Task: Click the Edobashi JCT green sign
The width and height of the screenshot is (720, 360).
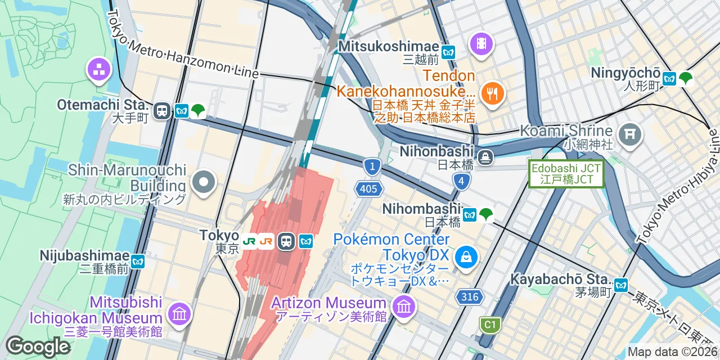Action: [566, 174]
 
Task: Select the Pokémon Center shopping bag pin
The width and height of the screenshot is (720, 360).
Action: [466, 257]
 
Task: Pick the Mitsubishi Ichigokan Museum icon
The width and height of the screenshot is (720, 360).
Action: [179, 313]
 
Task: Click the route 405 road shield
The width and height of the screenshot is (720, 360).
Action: [368, 188]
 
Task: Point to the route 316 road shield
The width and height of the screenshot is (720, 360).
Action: [470, 297]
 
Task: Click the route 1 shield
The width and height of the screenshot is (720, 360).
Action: [371, 166]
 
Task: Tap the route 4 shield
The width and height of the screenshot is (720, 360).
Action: [461, 181]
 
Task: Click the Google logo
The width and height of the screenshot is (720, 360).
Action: [38, 346]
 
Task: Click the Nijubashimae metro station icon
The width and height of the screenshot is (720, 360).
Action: [138, 261]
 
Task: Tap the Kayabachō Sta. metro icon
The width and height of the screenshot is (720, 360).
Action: [621, 285]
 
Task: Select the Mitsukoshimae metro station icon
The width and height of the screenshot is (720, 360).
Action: [448, 52]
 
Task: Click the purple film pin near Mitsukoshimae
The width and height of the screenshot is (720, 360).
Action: [481, 43]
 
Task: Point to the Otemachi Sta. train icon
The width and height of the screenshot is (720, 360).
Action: [162, 111]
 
